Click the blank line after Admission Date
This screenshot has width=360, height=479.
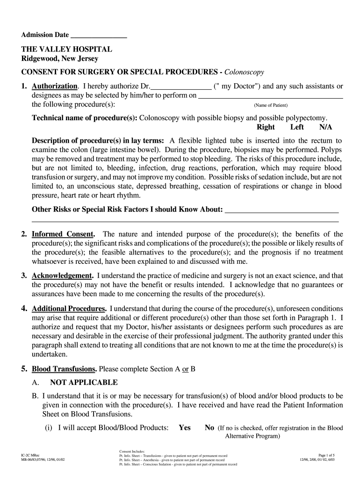[99, 36]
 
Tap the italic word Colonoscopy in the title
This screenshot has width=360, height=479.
[244, 72]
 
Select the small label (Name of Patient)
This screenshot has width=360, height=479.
[271, 105]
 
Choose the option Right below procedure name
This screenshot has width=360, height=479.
[266, 127]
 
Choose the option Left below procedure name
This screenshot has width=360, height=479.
[297, 127]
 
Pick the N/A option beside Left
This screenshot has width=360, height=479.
[325, 127]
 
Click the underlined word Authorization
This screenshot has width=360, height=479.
[54, 87]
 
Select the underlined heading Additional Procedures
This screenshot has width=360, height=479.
[68, 309]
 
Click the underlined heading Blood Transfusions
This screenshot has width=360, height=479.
[64, 369]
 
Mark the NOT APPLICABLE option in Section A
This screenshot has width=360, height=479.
[84, 382]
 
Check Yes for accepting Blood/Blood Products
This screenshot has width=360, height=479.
[184, 428]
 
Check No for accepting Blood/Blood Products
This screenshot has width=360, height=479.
[209, 428]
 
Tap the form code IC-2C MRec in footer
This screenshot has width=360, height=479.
[31, 455]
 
